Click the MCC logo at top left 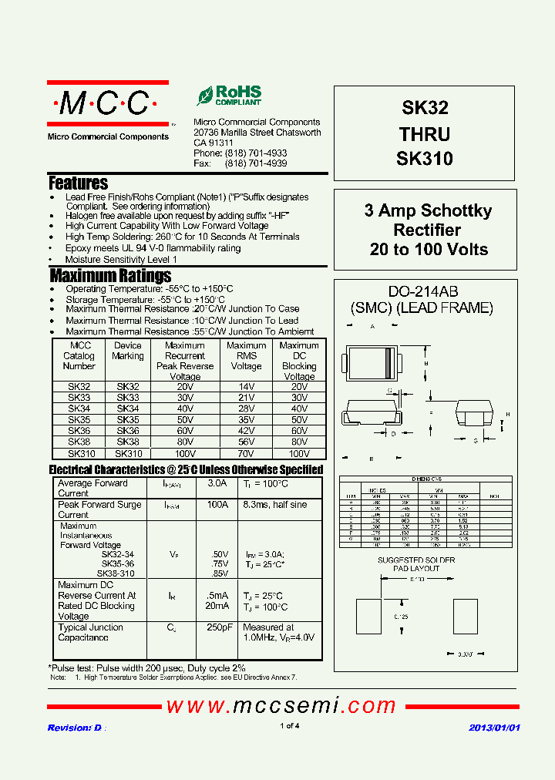coord(107,103)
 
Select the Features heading coord(78,183)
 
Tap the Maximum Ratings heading coord(110,276)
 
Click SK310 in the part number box coord(424,160)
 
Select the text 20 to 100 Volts coord(429,250)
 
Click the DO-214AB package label coord(422,291)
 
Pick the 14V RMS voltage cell coord(247,387)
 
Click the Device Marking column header coord(128,351)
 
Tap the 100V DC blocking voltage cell coord(299,455)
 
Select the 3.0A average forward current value coord(217,483)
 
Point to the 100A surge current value coord(217,505)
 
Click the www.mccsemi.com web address coord(281,705)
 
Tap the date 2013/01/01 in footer coord(494,728)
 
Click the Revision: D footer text coord(75,728)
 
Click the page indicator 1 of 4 coord(289,726)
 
